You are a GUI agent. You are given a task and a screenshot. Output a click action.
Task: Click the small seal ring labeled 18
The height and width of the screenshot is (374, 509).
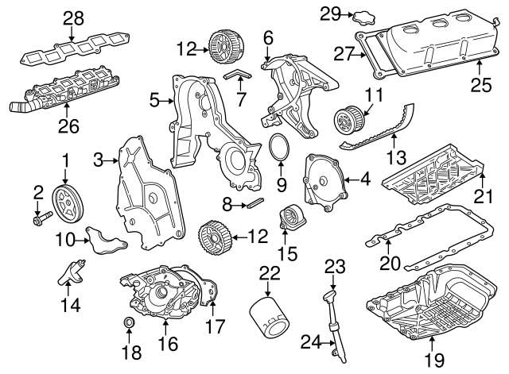click(x=127, y=324)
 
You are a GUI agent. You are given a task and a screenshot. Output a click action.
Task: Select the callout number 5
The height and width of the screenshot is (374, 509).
click(x=155, y=101)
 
